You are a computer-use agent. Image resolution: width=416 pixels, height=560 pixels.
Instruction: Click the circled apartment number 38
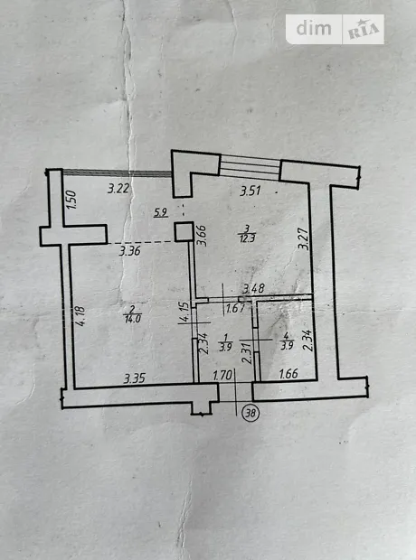tap(251, 413)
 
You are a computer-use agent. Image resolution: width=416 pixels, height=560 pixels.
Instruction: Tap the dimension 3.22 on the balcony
tap(118, 188)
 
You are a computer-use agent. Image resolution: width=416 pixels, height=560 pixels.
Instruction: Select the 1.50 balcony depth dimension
tap(71, 200)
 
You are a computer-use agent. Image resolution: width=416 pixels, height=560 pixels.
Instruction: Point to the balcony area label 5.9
tap(161, 213)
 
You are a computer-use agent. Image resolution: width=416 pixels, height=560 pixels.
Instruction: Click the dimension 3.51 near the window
tap(251, 191)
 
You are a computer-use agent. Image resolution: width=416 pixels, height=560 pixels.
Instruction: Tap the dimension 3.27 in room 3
tap(304, 238)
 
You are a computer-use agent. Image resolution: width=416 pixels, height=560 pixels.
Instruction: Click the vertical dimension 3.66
tap(203, 236)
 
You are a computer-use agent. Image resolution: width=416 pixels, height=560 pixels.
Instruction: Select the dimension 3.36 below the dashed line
tap(130, 251)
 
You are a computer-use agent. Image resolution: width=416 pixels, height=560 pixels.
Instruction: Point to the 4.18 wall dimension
tap(80, 315)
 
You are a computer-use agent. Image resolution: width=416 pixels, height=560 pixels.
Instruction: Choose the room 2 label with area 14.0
tap(132, 315)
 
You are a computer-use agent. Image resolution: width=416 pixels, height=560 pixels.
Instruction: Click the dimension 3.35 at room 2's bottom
tap(135, 378)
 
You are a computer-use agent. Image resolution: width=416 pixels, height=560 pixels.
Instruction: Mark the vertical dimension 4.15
tap(184, 313)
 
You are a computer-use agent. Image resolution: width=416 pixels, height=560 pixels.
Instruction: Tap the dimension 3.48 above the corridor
tap(253, 288)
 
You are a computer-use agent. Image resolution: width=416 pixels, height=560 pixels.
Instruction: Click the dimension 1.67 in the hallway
tap(235, 308)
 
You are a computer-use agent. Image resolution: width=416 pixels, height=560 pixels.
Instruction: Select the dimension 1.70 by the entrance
tap(222, 376)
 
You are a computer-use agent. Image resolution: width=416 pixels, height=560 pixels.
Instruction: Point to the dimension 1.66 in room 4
tap(288, 374)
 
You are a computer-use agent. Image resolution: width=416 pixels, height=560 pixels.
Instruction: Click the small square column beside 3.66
tap(184, 232)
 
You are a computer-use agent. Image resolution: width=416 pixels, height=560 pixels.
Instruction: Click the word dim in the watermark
tap(314, 28)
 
